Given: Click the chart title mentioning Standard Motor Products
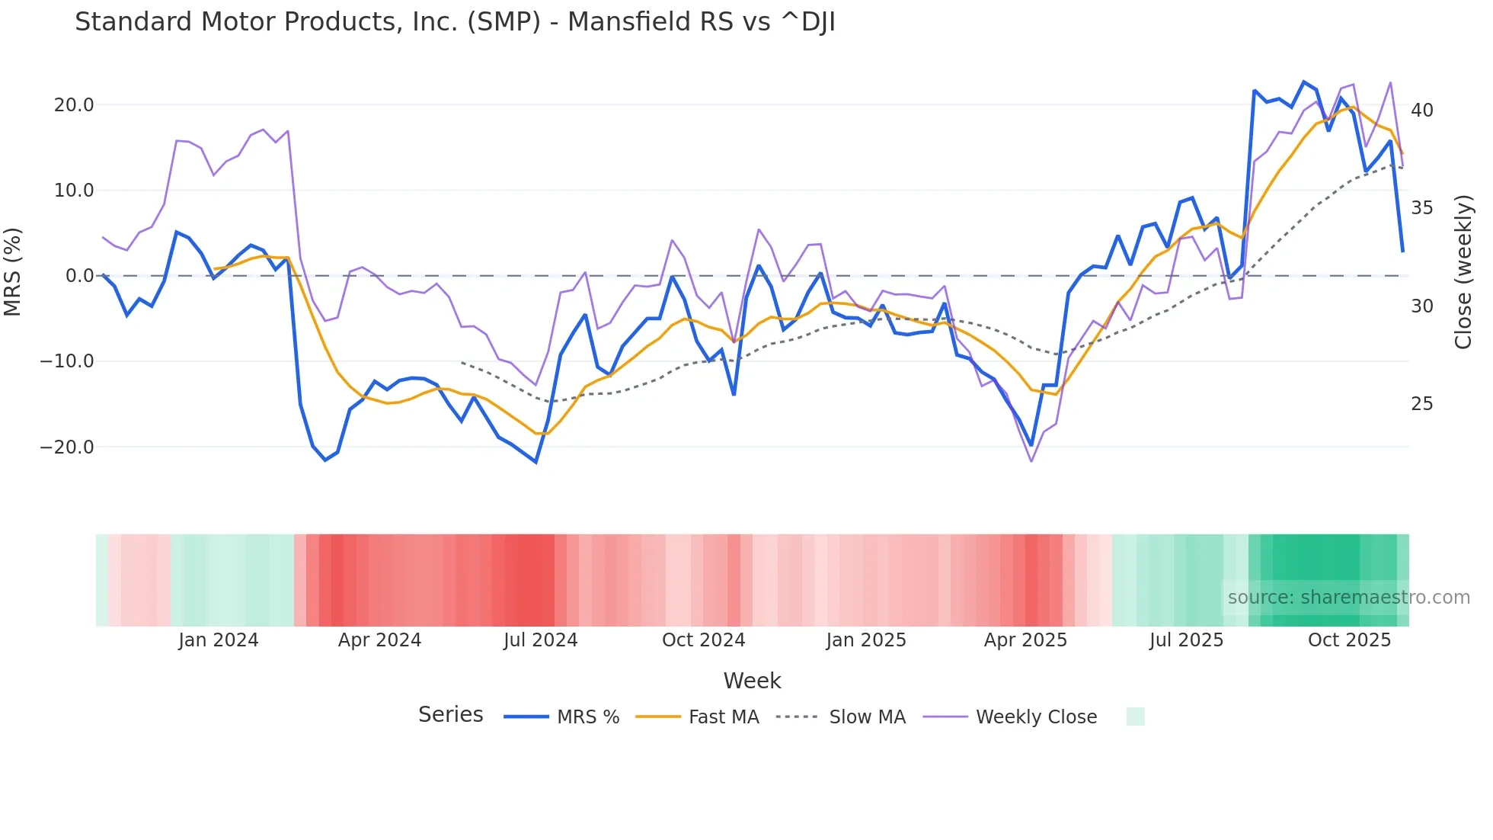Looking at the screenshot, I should [455, 22].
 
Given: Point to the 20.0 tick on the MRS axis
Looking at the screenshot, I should [74, 105].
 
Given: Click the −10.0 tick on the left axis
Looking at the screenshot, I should [67, 361].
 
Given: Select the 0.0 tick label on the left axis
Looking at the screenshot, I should [79, 276].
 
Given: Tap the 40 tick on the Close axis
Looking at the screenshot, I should [1421, 111].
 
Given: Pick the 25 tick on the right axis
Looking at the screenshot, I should [1421, 404].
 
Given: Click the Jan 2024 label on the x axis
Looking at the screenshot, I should [219, 640].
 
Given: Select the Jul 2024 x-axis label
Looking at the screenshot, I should [541, 640].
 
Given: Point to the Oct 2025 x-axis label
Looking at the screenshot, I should [1349, 640].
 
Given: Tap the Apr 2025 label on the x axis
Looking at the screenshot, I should [1025, 640].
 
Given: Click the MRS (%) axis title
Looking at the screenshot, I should [13, 272].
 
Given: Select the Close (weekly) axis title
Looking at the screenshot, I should [1463, 272].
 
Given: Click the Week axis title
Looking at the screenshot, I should [752, 681].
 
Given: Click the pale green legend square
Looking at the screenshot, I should [1135, 717].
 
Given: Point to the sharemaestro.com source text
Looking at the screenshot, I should [1348, 598].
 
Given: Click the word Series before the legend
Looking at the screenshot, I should [450, 715].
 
